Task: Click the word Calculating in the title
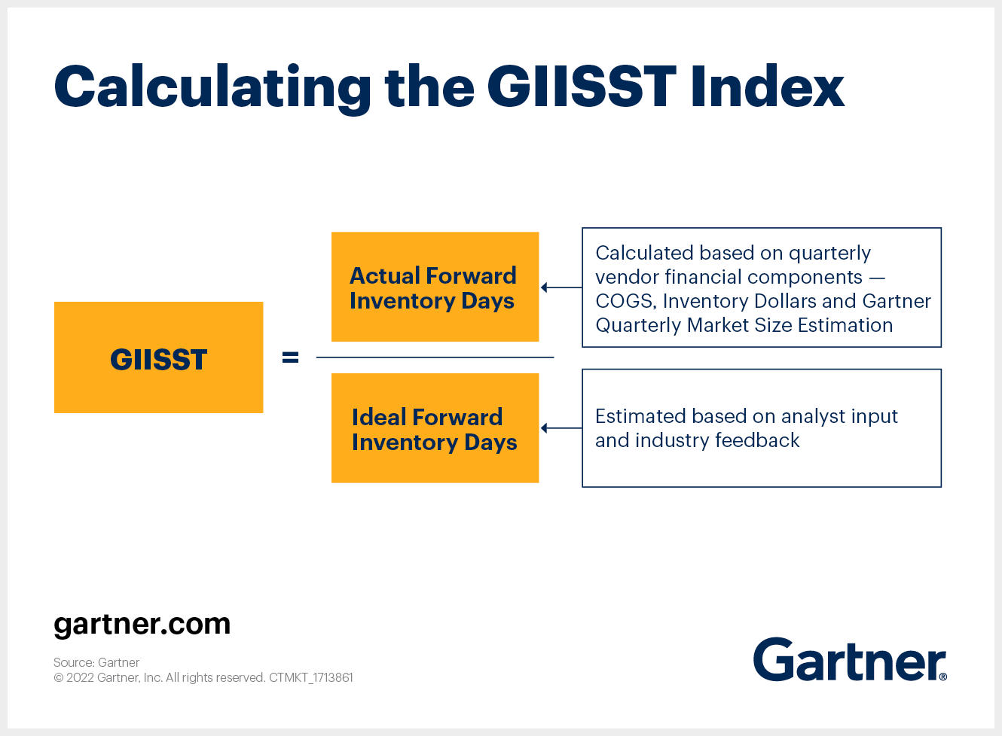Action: pos(212,89)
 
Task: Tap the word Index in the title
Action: pos(768,86)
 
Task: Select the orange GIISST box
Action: pos(159,357)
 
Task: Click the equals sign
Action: pos(290,357)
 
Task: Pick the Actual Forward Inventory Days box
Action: pos(435,287)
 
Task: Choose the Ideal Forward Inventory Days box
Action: pos(435,427)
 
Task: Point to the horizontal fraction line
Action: pos(435,357)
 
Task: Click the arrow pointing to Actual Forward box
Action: pos(561,287)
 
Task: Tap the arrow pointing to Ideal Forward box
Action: pos(561,428)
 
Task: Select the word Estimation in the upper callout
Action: pos(845,325)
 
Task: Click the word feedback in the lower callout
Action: pos(757,440)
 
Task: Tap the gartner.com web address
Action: pos(142,625)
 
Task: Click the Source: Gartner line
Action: pos(96,662)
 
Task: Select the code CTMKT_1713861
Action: pos(311,678)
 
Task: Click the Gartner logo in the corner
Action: pos(850,659)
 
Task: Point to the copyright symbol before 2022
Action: pos(59,678)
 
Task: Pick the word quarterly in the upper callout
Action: pos(829,254)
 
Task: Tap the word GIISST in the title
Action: pos(582,86)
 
